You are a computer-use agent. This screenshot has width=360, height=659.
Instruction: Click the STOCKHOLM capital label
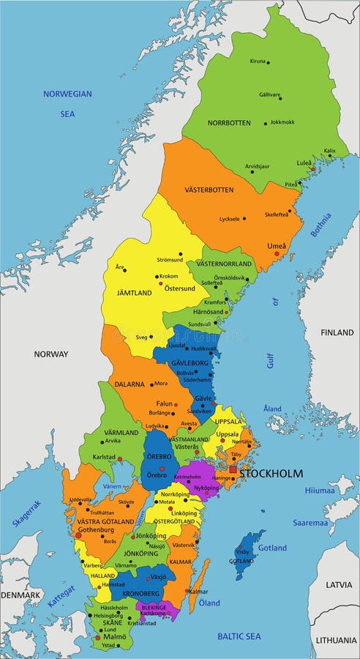(271, 474)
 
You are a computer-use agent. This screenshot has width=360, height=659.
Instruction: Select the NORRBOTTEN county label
(229, 122)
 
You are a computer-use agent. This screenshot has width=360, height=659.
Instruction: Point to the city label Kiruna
(258, 61)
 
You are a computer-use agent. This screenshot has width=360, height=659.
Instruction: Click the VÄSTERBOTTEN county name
(209, 190)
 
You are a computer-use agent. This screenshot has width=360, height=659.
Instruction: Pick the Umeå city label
(277, 245)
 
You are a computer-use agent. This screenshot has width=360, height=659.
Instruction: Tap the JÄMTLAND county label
(134, 293)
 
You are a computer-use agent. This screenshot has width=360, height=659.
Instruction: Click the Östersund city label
(179, 288)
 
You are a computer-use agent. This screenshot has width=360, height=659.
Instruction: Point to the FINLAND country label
(337, 332)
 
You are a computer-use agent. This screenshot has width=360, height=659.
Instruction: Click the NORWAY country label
(50, 354)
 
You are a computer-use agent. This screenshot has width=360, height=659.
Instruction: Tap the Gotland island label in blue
(272, 548)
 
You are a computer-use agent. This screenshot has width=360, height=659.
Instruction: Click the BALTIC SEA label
(239, 636)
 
